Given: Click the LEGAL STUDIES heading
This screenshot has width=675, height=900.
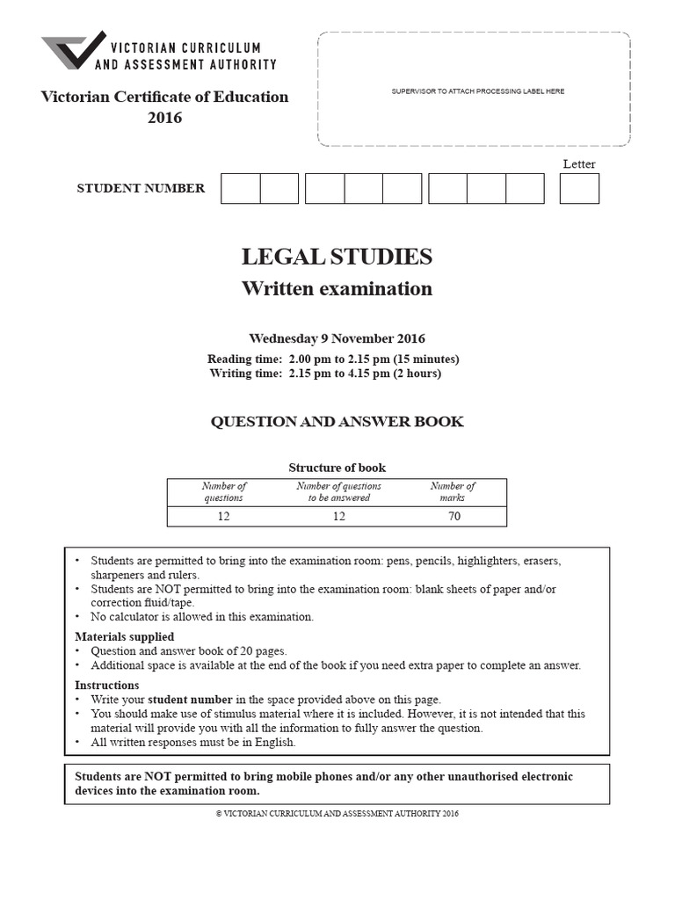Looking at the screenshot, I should click(337, 257).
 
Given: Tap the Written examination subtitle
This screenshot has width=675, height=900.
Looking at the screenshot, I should click(337, 288).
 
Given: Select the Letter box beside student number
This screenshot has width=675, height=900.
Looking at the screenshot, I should click(579, 188).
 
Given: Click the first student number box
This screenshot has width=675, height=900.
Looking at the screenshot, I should click(240, 188).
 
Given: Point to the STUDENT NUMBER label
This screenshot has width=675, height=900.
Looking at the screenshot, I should click(141, 188).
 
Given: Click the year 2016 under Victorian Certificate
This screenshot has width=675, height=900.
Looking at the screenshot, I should click(164, 117).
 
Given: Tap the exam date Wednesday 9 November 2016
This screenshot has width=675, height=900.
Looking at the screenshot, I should click(337, 338).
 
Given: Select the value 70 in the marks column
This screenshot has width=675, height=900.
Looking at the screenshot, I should click(453, 516).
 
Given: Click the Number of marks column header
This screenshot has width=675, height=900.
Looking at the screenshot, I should click(453, 491).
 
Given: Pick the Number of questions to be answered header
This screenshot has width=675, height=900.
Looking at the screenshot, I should click(338, 491).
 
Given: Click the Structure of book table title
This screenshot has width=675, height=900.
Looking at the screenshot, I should click(337, 468).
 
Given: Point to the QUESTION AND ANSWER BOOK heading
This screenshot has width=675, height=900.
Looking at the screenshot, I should click(337, 422).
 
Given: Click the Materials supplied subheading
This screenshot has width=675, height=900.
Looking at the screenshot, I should click(124, 636).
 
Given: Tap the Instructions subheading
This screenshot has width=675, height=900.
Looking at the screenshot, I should click(106, 685).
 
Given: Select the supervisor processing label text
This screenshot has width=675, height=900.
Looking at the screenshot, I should click(477, 91).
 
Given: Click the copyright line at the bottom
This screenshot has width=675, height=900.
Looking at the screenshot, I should click(337, 814).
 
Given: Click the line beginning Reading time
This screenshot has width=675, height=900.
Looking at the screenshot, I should click(333, 359).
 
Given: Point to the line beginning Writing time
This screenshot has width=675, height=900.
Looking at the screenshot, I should click(325, 373).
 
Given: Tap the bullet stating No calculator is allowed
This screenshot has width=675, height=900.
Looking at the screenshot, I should click(202, 617).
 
